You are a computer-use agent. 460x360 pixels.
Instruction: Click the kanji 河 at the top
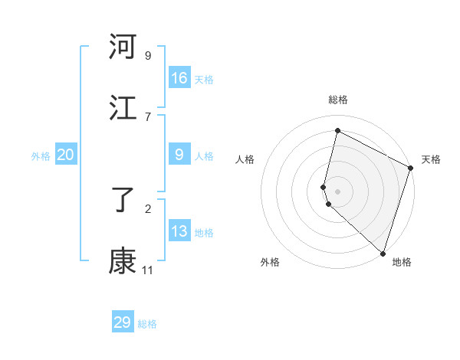click(123, 47)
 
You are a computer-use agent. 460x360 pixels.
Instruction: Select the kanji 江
click(123, 109)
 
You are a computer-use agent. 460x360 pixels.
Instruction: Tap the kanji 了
click(123, 201)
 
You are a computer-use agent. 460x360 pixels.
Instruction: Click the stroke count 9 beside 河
click(148, 55)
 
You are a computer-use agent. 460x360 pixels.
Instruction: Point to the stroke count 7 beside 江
click(148, 116)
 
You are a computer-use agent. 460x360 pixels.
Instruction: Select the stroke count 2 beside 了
click(148, 208)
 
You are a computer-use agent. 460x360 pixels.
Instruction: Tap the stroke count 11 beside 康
click(148, 270)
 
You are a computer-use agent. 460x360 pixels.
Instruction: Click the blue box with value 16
click(179, 78)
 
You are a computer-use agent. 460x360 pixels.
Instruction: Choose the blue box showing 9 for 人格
click(179, 155)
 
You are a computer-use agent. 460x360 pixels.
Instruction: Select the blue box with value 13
click(179, 231)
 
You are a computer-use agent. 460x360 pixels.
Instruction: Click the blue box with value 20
click(65, 155)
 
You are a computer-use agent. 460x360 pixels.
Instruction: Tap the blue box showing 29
click(123, 322)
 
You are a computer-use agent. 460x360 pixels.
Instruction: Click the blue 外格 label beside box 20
click(41, 156)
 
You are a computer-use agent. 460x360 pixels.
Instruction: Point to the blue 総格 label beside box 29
click(147, 324)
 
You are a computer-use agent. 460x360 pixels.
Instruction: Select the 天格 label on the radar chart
click(431, 159)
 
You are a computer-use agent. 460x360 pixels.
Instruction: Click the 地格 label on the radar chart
click(402, 262)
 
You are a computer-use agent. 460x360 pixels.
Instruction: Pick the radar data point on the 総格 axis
click(337, 131)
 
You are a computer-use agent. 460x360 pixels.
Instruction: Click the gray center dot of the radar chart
click(337, 190)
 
